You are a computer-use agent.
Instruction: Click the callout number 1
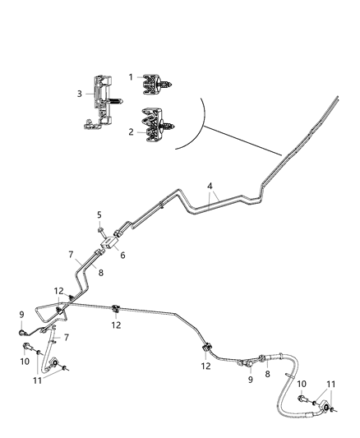[131, 76]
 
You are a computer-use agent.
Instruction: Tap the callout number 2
[131, 131]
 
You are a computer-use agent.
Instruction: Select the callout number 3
[79, 94]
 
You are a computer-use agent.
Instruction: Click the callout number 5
[99, 215]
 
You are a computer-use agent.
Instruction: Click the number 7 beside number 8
[72, 254]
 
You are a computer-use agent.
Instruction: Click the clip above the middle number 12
[117, 309]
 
